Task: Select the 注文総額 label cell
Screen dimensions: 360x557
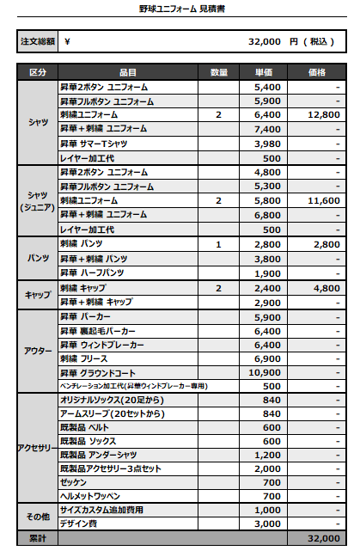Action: point(38,41)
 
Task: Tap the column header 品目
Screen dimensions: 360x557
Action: point(127,72)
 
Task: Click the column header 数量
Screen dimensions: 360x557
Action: point(218,72)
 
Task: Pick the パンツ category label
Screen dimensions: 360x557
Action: point(38,259)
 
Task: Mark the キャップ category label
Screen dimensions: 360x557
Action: point(38,295)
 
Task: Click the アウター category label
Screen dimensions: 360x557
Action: point(38,352)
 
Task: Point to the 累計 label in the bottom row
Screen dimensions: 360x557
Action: point(38,538)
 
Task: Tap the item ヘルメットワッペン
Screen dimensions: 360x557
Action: point(89,496)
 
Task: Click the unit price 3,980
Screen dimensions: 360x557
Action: point(267,143)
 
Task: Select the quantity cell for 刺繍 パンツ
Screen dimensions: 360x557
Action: point(218,245)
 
